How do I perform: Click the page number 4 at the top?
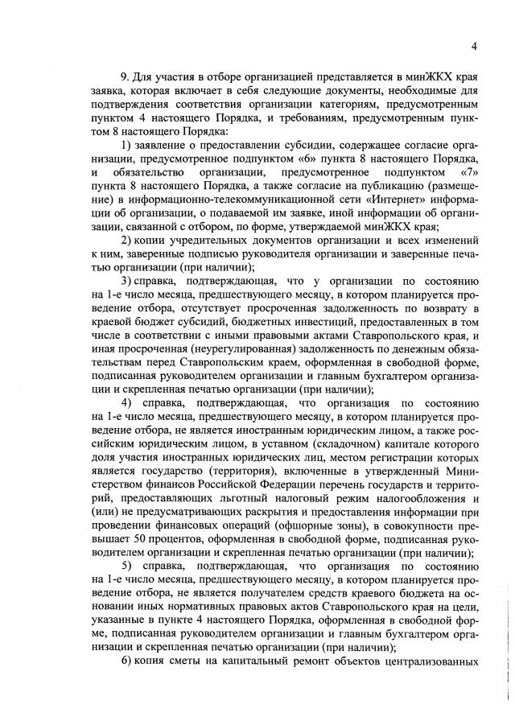474,46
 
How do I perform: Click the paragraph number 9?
125,76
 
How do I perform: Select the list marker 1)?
126,145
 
